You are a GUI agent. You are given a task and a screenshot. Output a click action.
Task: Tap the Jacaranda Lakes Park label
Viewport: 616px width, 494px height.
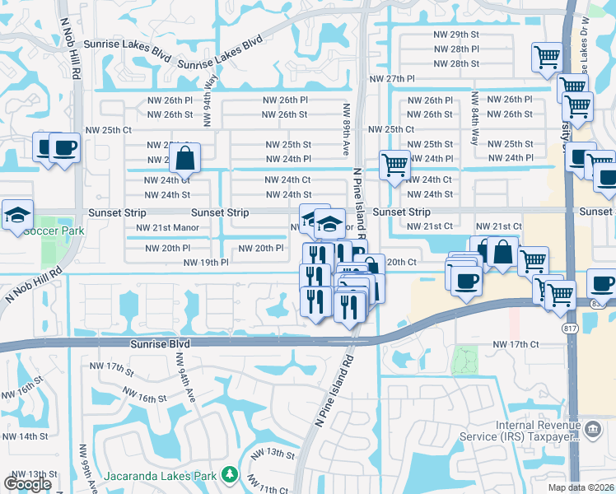point(160,476)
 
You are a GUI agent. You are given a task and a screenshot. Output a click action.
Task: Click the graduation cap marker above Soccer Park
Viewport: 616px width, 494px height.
point(17,215)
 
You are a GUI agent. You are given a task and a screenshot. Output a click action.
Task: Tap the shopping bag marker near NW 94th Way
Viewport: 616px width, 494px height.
point(185,158)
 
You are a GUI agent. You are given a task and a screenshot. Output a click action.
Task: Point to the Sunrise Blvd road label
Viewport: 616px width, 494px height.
point(160,343)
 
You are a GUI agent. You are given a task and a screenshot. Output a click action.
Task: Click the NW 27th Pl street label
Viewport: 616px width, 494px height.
point(391,78)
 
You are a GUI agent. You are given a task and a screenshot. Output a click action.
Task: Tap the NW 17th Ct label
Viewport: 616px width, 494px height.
point(515,344)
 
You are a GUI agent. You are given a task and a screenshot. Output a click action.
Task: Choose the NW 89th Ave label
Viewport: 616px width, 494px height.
point(347,129)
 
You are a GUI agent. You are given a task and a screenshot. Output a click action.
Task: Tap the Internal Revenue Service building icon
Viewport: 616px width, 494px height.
point(592,428)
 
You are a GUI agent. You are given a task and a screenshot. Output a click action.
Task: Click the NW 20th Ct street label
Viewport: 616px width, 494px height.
point(400,261)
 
